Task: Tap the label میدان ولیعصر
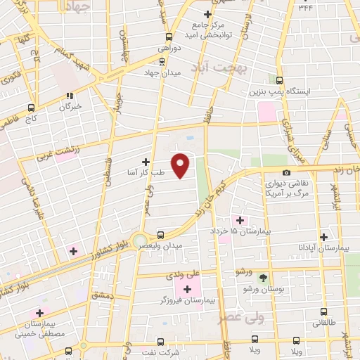pos(163,245)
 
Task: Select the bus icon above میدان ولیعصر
pos(161,235)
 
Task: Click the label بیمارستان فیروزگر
pos(187,300)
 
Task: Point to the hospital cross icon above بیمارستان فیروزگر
pos(187,288)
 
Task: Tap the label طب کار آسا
pos(146,172)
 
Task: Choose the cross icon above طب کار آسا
pos(146,162)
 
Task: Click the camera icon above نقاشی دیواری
pos(286,173)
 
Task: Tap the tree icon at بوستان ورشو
pos(263,278)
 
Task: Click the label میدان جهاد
pos(162,72)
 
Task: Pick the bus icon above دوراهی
pos(169,37)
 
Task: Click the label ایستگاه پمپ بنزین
pos(279,91)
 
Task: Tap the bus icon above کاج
pos(31,108)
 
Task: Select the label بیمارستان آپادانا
pos(323,249)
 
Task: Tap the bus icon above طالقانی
pos(323,311)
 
